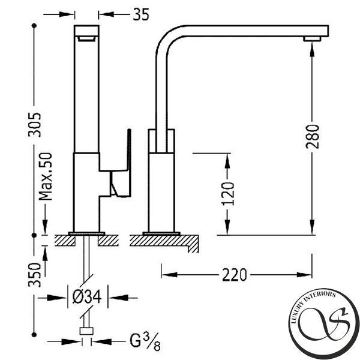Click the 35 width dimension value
[141, 14]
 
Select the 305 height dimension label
[34, 125]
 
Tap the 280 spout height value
[312, 136]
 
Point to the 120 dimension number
[228, 194]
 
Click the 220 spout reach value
[235, 275]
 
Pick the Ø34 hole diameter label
[87, 296]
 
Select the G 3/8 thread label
[145, 341]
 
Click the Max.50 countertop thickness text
[46, 176]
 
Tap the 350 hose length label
[34, 275]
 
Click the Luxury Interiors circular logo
[324, 324]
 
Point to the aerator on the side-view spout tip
[312, 39]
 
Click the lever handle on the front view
[121, 175]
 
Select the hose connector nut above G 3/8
[86, 331]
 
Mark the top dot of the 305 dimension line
[34, 25]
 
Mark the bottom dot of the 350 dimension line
[34, 335]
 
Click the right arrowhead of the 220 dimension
[304, 275]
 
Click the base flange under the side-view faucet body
[161, 234]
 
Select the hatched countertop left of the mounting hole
[65, 241]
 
